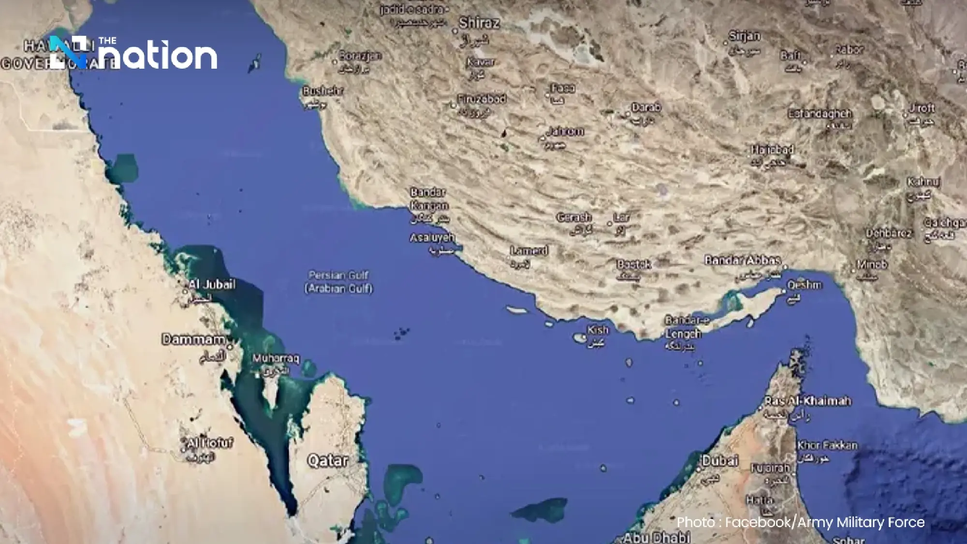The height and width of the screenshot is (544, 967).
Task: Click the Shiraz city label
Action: coord(479,23)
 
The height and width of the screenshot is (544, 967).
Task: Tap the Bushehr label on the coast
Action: coord(323,90)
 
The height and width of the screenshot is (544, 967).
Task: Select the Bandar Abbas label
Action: coord(743,260)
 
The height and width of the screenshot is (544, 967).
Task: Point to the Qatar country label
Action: coord(328,460)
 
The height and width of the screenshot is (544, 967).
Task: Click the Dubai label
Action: coord(720,460)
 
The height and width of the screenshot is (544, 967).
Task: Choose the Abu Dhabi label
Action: coord(657,537)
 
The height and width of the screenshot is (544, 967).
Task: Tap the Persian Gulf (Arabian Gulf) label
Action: coord(338,282)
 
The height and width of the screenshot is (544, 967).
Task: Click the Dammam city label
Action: coord(193,339)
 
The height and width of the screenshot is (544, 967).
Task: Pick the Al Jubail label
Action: coord(212,284)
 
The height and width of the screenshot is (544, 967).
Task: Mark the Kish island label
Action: coord(598,330)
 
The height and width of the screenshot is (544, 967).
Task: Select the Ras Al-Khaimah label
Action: coord(807,401)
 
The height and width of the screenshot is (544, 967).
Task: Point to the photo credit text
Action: coord(800,522)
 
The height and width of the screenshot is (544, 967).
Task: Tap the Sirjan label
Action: coord(745,36)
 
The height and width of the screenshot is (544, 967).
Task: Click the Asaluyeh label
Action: coord(432,237)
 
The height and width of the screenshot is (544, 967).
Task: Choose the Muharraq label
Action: coord(276,359)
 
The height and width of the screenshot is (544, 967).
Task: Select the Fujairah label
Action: coord(770,468)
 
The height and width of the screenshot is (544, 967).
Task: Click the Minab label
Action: coord(872,265)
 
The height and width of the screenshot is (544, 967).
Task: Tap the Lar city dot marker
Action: coord(610,224)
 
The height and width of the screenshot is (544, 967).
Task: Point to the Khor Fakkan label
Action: coord(827,445)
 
